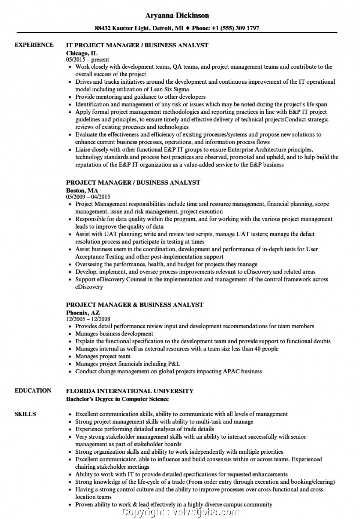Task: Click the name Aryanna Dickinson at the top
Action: (177, 15)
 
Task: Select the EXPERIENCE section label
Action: (34, 45)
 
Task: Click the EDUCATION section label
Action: (33, 391)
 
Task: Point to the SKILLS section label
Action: (25, 414)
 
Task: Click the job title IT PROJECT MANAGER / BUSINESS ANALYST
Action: (137, 45)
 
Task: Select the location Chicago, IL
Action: (82, 53)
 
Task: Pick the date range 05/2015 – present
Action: (87, 59)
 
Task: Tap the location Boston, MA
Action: (82, 190)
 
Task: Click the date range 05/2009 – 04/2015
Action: (88, 197)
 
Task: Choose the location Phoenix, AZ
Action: (83, 312)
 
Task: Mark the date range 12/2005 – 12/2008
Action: (88, 319)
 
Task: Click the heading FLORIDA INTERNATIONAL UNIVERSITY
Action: (130, 391)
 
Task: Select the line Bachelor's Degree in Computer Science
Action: (117, 399)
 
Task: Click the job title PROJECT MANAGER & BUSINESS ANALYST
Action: (134, 305)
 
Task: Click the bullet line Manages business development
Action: (114, 334)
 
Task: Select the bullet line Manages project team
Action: (102, 356)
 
